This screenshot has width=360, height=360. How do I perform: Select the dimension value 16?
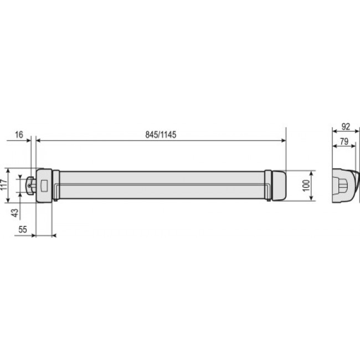[19, 135]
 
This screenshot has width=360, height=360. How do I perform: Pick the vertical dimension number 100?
[305, 186]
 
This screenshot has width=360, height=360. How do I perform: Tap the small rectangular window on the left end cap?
[44, 186]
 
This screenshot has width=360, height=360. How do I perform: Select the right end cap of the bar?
[278, 185]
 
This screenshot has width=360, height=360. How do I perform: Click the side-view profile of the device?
[344, 186]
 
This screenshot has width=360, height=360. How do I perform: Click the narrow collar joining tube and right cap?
[268, 185]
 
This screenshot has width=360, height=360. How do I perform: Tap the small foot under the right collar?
[269, 200]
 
